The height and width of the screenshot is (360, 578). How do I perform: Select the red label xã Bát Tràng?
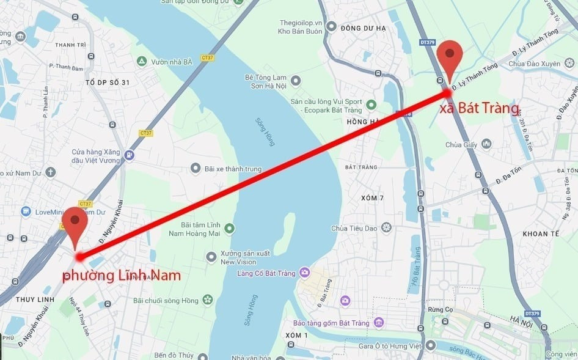tap(480, 109)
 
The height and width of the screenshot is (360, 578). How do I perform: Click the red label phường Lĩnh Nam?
tap(122, 276)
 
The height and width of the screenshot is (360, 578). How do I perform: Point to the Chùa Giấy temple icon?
tap(486, 144)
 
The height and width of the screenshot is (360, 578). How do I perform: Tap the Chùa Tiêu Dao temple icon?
tap(386, 228)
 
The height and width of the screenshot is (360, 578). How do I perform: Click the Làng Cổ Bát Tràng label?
tap(266, 273)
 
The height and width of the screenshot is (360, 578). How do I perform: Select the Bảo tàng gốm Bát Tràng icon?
tap(379, 322)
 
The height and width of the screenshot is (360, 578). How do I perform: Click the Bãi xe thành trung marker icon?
tap(196, 167)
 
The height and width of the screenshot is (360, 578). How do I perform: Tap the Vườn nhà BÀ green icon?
tap(142, 62)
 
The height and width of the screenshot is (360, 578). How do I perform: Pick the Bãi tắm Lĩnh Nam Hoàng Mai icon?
tap(229, 229)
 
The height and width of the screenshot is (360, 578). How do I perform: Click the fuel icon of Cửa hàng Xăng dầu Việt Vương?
tap(129, 155)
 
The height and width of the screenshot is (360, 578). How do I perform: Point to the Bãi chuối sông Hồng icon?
tap(208, 300)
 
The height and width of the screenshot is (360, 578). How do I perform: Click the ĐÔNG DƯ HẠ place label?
tap(364, 28)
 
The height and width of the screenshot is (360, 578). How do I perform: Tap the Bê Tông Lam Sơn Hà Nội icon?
tap(296, 81)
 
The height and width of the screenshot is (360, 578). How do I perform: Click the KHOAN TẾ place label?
tap(541, 234)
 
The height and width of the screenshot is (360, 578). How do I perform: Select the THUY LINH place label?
tap(35, 299)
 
